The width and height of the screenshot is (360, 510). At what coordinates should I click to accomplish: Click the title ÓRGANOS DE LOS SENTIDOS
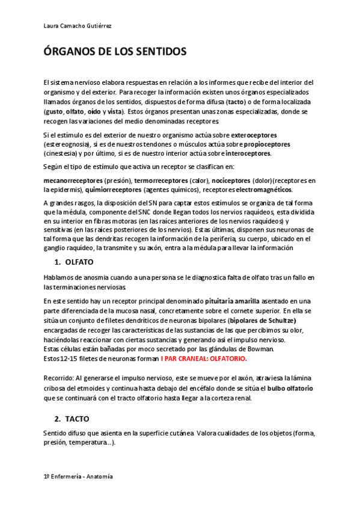(x=115, y=52)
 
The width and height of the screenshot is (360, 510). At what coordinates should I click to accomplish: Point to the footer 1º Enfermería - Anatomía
(x=79, y=476)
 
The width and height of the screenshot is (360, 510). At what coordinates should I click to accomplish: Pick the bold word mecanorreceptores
(x=73, y=180)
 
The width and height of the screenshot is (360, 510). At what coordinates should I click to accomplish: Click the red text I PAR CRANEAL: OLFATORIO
(x=204, y=358)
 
